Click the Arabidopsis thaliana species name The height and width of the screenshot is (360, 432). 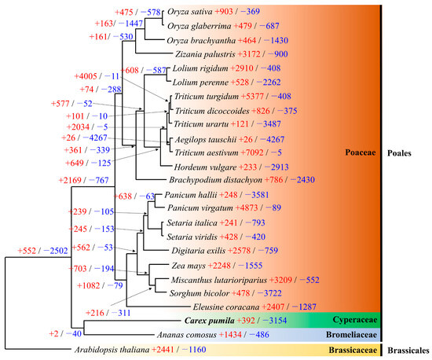coord(107,350)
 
